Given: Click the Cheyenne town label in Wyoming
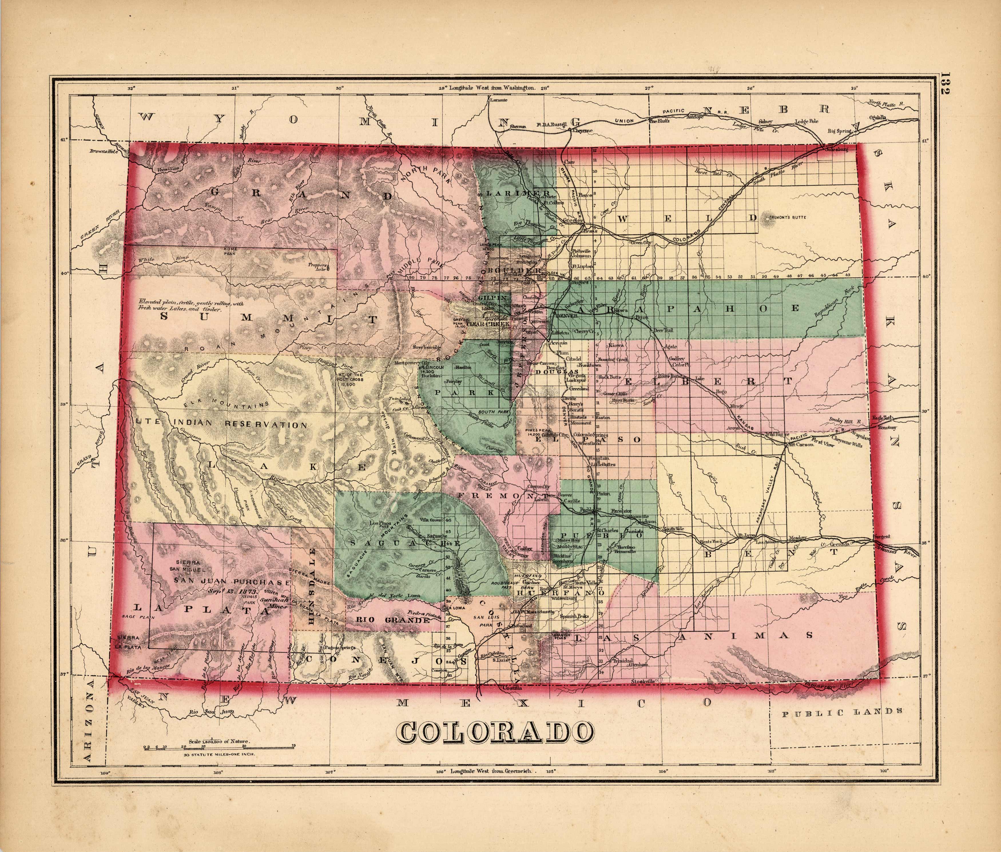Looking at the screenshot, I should point(582,130).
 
